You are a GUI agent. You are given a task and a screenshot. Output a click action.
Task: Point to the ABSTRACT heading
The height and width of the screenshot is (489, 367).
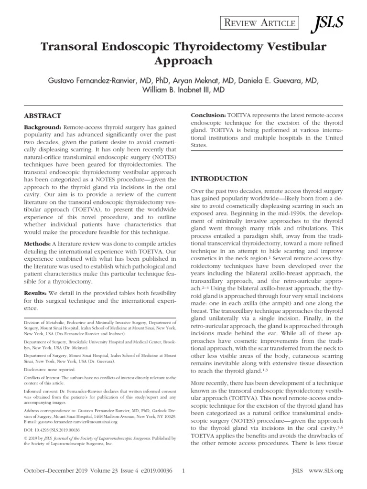(x=43, y=116)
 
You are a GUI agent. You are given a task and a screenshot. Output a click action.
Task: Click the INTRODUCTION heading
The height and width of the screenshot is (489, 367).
(x=219, y=179)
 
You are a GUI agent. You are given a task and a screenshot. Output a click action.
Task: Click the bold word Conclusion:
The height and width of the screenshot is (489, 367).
(x=208, y=115)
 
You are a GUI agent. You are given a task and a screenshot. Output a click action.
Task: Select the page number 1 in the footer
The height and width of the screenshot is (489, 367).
(x=184, y=471)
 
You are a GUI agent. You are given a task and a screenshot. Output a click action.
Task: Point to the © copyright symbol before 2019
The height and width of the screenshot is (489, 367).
(x=26, y=437)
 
